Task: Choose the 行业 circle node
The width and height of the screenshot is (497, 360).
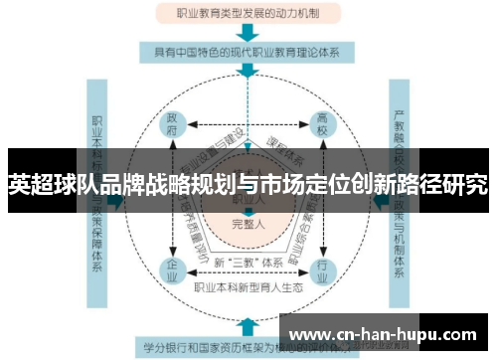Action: [x=321, y=269]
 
